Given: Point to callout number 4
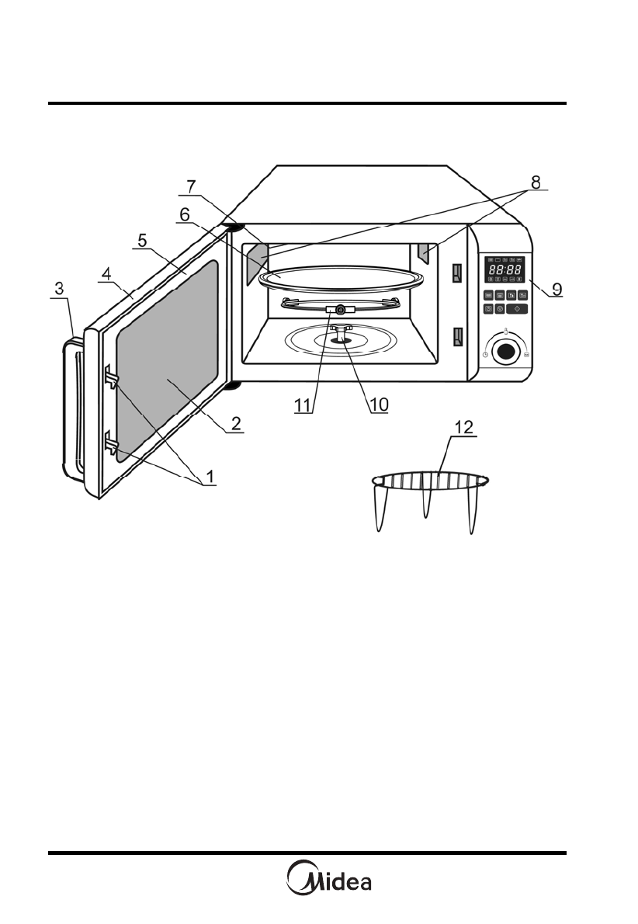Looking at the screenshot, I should [107, 274].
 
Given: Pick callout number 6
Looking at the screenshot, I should [184, 213].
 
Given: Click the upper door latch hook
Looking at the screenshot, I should [110, 377].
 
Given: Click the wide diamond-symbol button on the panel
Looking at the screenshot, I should [517, 309].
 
